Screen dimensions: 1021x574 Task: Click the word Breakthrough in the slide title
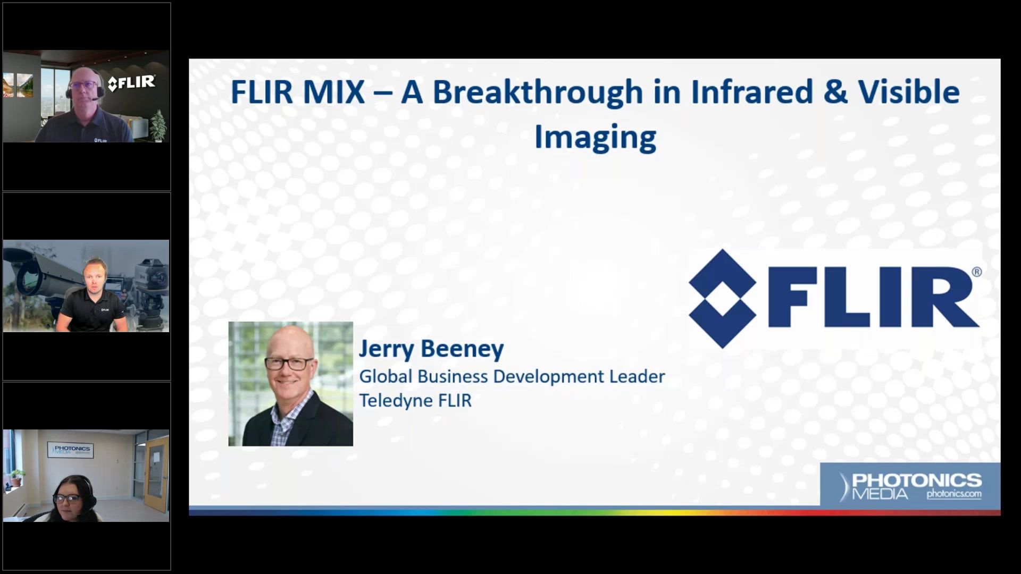[x=538, y=92]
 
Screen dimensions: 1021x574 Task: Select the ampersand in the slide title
[x=835, y=92]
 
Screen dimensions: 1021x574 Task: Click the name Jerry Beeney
[x=431, y=349]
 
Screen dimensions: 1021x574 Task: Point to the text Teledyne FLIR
[x=415, y=400]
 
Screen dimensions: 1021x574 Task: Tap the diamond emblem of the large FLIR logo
[x=722, y=299]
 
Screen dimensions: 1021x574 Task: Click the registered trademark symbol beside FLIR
[x=976, y=272]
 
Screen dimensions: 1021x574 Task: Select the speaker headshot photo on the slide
[x=291, y=384]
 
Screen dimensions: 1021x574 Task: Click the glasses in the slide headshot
[x=289, y=364]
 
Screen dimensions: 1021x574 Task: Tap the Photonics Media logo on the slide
[x=910, y=486]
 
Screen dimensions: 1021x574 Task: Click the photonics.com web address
[x=954, y=494]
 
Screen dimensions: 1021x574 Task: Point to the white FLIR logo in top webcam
[x=131, y=83]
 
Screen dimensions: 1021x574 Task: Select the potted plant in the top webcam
[x=158, y=126]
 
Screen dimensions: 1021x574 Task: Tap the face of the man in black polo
[x=95, y=277]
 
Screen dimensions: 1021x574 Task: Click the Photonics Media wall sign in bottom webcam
[x=71, y=450]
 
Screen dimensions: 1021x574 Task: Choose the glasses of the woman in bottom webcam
[x=66, y=499]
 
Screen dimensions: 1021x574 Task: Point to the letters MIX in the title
[x=334, y=92]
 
